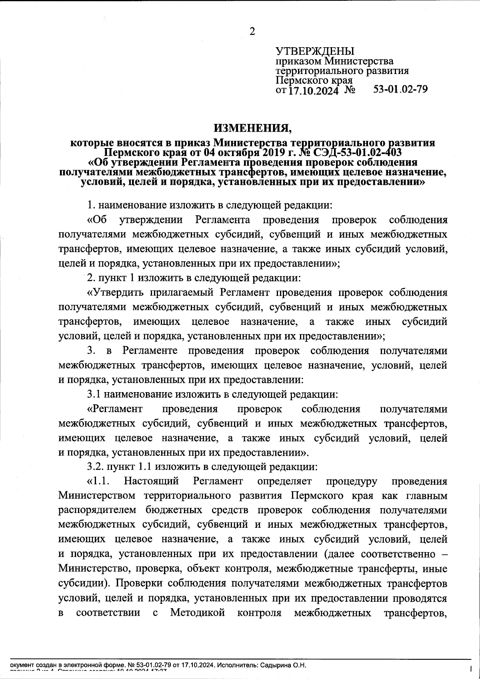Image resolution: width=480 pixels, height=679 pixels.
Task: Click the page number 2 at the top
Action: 252,32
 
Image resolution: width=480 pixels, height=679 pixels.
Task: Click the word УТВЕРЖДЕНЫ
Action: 315,52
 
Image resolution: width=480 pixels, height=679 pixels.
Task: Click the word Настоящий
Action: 151,481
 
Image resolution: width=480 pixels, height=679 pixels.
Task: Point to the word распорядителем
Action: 98,510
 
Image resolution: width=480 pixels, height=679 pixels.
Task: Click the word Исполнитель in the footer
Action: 236,665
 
